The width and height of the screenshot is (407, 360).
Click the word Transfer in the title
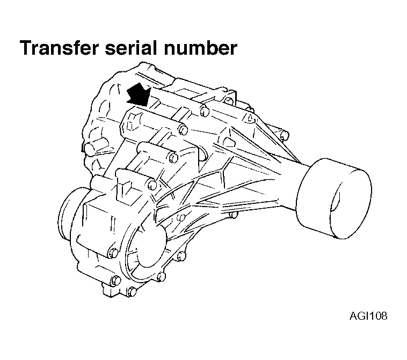coord(57,48)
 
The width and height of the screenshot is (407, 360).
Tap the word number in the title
coord(202,48)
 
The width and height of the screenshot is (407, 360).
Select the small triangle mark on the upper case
coord(249,116)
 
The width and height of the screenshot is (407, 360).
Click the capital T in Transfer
coord(25,48)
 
